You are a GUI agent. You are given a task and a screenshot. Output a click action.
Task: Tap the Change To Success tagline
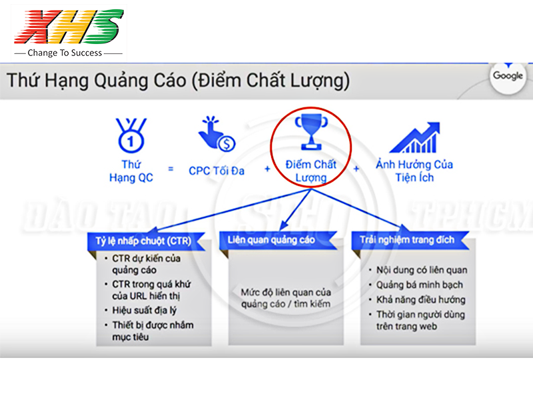(x=65, y=53)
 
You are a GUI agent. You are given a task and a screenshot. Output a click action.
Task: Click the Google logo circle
(x=508, y=76)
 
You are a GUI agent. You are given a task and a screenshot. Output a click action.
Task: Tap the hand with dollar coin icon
(x=217, y=134)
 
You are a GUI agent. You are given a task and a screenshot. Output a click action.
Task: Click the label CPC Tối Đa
(x=217, y=171)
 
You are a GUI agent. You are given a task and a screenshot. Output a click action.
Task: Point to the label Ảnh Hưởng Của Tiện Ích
(x=414, y=171)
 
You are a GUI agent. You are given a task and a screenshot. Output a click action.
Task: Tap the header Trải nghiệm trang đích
(x=407, y=240)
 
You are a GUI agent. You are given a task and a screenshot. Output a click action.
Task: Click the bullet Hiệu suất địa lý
(x=143, y=310)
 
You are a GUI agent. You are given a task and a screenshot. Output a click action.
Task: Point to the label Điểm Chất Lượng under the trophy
(x=310, y=171)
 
